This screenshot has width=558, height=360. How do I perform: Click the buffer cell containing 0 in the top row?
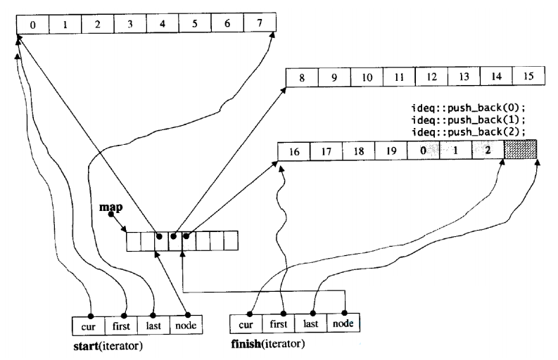coord(33,25)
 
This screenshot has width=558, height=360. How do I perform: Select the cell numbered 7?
coord(260,22)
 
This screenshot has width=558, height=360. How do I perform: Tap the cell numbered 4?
coord(163,23)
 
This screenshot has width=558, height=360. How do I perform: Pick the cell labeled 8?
coord(302,77)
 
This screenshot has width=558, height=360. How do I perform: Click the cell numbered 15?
coord(529,76)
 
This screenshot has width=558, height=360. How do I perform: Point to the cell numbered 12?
coord(431,77)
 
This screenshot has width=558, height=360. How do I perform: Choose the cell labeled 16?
coord(294,152)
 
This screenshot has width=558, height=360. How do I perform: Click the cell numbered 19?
coord(391,151)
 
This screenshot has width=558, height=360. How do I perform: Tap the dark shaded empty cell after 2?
coord(521,149)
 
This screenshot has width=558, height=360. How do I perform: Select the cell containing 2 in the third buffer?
coord(488,150)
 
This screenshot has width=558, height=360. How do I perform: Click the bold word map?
coord(110,207)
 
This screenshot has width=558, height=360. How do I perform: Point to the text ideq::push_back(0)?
coord(469,108)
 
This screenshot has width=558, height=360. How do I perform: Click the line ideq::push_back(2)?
coord(469,132)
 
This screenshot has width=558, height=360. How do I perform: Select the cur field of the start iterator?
coord(89,326)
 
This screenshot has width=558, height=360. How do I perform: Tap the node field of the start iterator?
coord(186,325)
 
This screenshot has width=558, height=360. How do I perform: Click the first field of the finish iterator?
coord(278,323)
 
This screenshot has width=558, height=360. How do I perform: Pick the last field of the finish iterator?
coord(311,323)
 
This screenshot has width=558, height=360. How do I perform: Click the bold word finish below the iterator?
coord(246,344)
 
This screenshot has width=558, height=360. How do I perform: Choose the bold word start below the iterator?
coord(86,346)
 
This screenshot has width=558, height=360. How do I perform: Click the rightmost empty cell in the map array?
coord(231,241)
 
